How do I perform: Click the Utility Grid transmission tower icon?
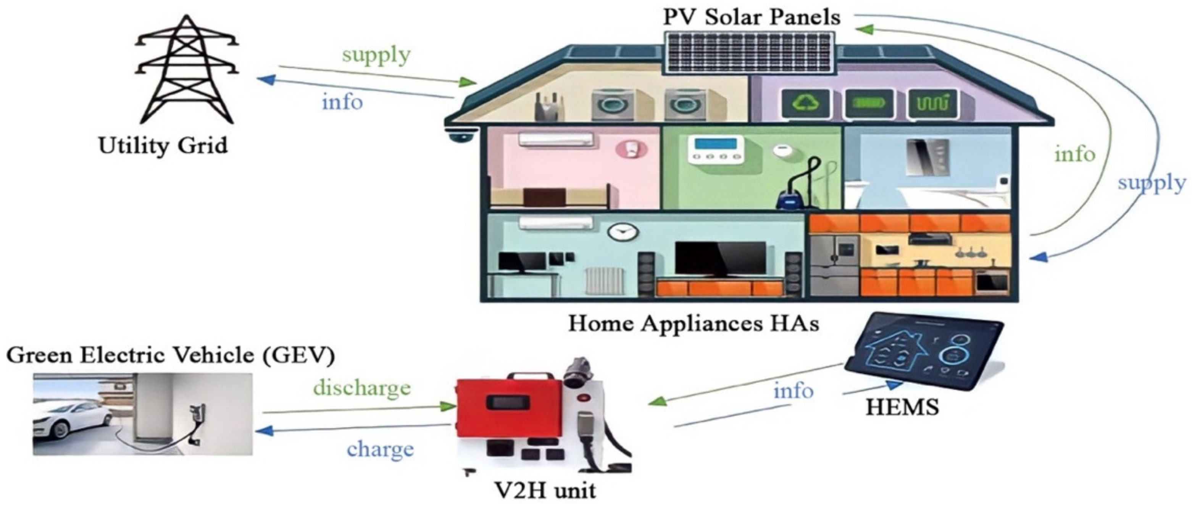187,69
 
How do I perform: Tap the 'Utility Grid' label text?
163,146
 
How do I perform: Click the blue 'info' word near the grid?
342,102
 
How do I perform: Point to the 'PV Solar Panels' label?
752,18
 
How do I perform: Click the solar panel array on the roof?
749,52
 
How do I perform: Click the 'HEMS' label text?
902,407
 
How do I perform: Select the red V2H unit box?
507,407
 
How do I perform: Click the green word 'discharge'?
362,388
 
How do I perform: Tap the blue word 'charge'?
381,449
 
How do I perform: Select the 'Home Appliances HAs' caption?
693,323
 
